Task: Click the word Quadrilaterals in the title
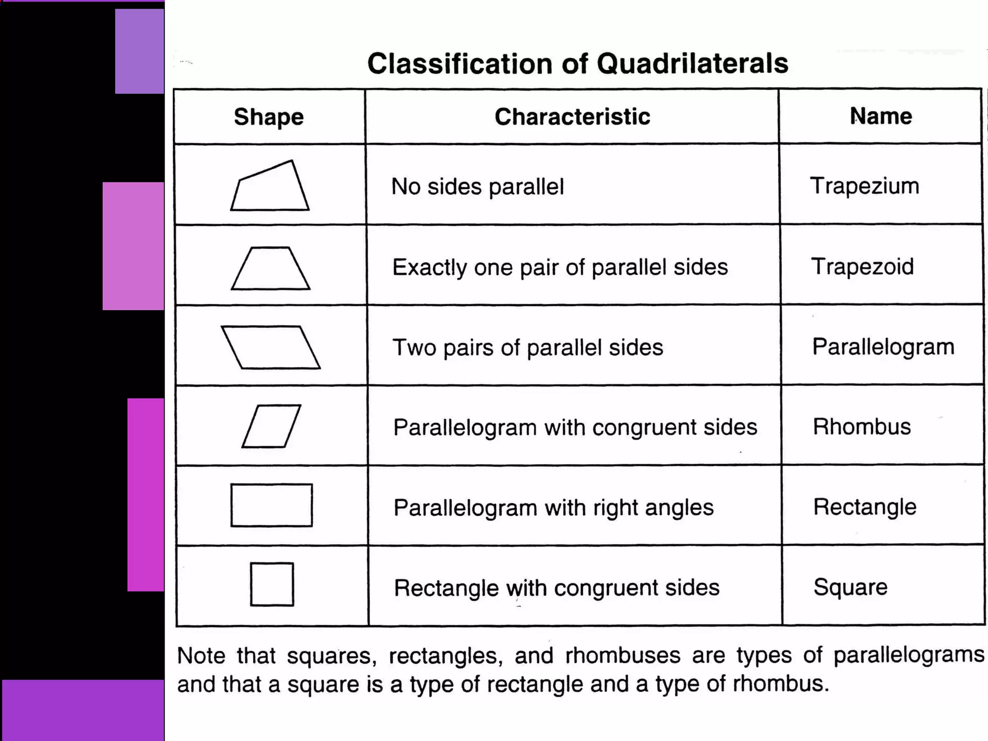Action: coord(692,64)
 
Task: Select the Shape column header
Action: coord(269,117)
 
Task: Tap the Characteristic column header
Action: coord(572,117)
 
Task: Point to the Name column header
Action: coord(881,116)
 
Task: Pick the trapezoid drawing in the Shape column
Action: coord(271,269)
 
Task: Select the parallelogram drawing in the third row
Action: coord(271,347)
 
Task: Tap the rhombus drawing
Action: coord(271,426)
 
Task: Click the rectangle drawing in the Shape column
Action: coord(272,505)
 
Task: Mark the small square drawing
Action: coord(272,584)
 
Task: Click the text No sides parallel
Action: coord(477,187)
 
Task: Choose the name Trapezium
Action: coord(864,186)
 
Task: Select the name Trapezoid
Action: coord(863,266)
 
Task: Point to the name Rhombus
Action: coord(862,426)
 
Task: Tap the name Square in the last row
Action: coord(850,587)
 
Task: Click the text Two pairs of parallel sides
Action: coord(528,347)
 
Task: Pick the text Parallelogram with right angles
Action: coord(553,508)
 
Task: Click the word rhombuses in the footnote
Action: coord(622,656)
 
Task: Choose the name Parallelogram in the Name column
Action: coord(883,347)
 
